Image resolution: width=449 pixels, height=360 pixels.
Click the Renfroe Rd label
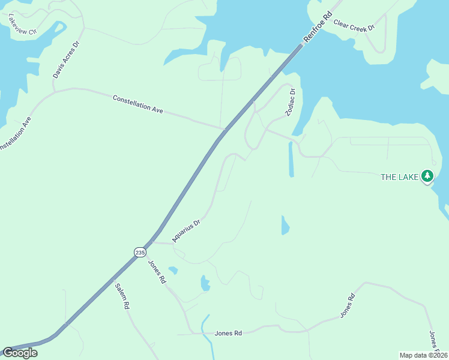(x=317, y=28)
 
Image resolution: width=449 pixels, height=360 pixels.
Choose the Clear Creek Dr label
(x=354, y=25)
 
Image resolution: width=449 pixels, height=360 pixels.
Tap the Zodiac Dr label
(x=290, y=103)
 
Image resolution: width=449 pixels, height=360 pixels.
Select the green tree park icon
(x=427, y=176)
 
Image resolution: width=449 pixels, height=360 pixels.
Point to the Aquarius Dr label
(x=185, y=230)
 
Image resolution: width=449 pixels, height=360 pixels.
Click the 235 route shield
(x=140, y=253)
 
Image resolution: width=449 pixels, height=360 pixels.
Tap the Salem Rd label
(x=122, y=296)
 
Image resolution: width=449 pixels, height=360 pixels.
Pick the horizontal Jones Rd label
(x=228, y=333)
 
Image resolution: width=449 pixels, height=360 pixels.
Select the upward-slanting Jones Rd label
(x=348, y=306)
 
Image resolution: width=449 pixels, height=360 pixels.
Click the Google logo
(x=20, y=353)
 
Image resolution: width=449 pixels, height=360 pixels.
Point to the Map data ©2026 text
(x=423, y=355)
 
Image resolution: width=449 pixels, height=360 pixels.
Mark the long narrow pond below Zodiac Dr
(x=291, y=159)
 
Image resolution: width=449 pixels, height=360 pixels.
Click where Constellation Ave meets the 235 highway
(x=223, y=128)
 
